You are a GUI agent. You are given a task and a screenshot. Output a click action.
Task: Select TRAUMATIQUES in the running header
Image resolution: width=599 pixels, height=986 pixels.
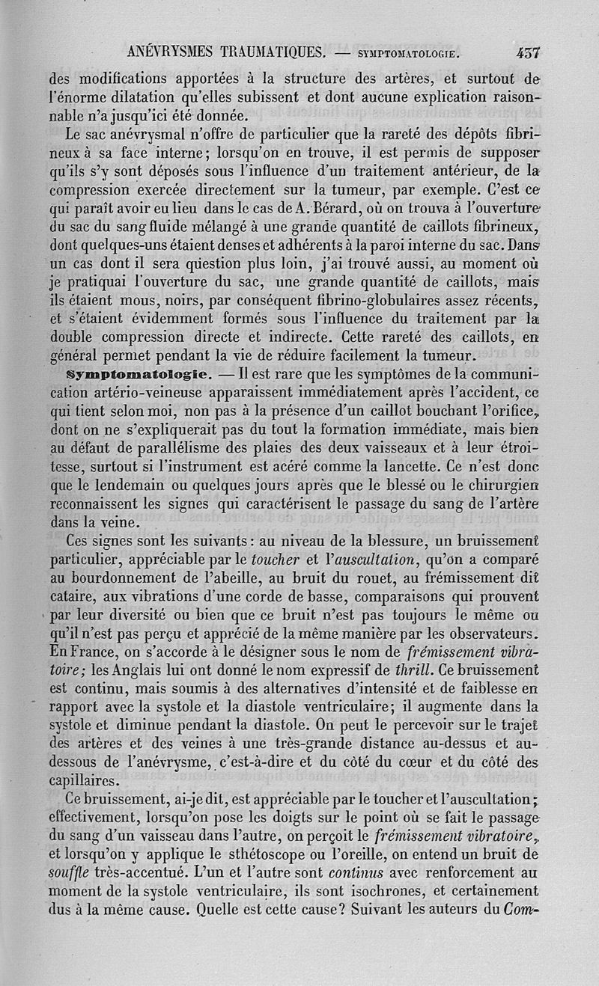click(273, 52)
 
